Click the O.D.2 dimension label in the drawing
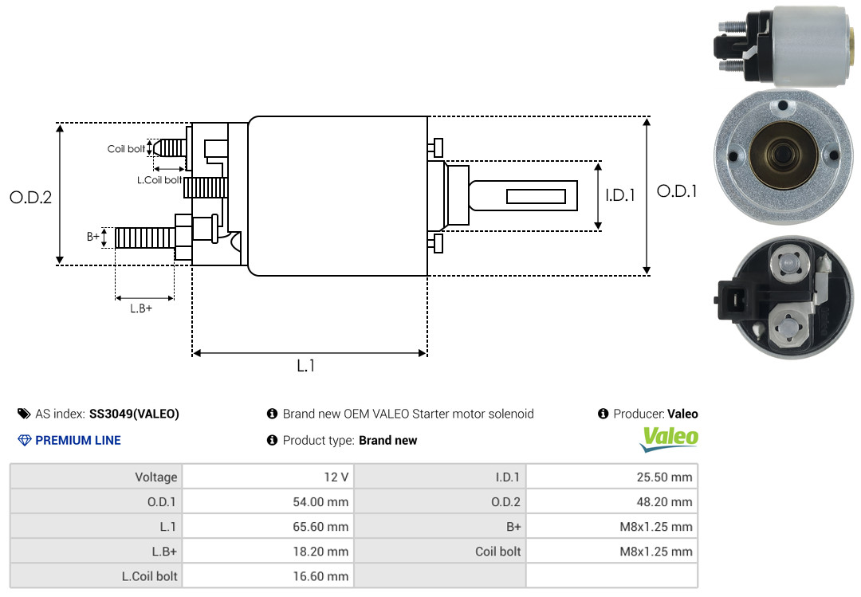click(x=31, y=197)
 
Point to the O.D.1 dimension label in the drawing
click(x=677, y=191)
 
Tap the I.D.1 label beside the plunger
click(x=620, y=195)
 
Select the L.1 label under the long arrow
click(x=306, y=366)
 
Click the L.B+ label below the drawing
click(x=141, y=308)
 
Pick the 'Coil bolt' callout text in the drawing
click(x=126, y=149)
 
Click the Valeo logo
click(x=670, y=439)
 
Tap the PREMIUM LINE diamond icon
click(x=25, y=440)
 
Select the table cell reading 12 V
click(x=268, y=477)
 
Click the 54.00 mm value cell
click(x=268, y=501)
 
